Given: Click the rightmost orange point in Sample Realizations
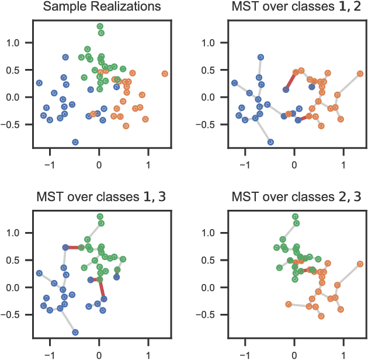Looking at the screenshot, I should point(165,74).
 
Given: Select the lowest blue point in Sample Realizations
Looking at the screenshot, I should point(75,142).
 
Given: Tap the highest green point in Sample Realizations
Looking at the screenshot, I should point(100,26).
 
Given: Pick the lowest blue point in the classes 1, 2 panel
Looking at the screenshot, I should point(270,142).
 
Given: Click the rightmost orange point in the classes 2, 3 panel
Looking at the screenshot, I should point(360,264).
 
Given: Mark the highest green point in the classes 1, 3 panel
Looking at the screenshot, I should point(100,216).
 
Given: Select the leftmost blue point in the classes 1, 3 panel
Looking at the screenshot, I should point(39,273).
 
